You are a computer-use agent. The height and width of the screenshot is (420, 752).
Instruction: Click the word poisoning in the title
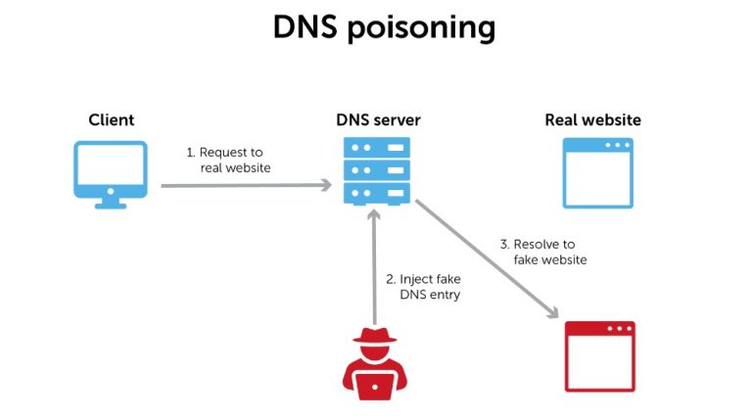click(x=424, y=29)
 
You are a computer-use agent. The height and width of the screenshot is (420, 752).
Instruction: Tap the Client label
click(x=112, y=120)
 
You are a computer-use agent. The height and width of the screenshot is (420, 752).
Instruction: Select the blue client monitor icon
click(x=111, y=167)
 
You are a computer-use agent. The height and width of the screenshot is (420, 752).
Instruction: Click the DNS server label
click(x=378, y=120)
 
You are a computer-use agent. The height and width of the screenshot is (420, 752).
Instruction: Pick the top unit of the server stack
click(x=377, y=148)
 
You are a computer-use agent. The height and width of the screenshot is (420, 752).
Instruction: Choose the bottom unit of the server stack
click(x=377, y=193)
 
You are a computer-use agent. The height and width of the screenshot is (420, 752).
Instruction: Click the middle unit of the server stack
click(x=377, y=170)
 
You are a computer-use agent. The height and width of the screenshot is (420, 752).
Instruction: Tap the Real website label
click(x=592, y=120)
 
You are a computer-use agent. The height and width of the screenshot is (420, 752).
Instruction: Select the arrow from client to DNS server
click(x=245, y=184)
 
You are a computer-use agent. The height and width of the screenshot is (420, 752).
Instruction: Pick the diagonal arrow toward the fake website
click(x=486, y=258)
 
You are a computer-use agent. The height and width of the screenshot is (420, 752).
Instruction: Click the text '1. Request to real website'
click(x=227, y=160)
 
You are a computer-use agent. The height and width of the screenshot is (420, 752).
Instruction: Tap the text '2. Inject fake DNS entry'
click(x=431, y=286)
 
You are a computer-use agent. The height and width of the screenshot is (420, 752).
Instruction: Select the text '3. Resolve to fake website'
click(x=549, y=252)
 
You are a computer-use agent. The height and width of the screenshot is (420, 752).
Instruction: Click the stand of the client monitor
click(x=111, y=203)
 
